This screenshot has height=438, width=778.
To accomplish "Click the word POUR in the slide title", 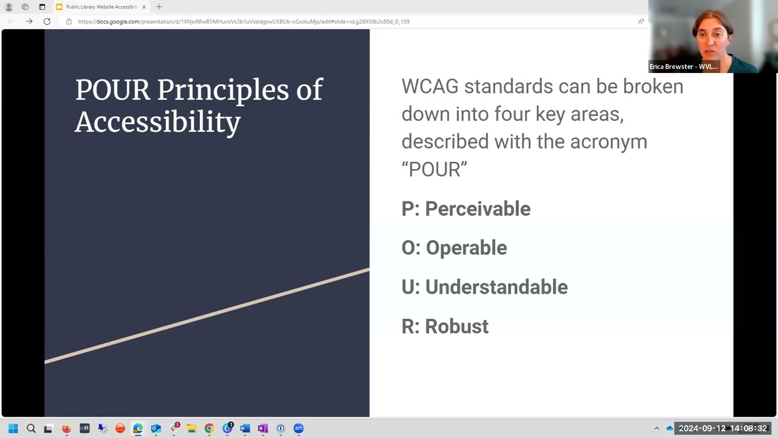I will pyautogui.click(x=112, y=90).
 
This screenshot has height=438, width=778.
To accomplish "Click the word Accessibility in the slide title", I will pyautogui.click(x=157, y=122).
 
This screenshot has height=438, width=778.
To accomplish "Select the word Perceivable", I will pyautogui.click(x=477, y=209).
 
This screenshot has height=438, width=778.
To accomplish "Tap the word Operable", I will pyautogui.click(x=466, y=248).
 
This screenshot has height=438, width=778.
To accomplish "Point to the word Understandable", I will pyautogui.click(x=496, y=287).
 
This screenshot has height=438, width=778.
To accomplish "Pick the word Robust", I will pyautogui.click(x=456, y=326).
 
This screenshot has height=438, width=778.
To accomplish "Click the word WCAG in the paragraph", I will pyautogui.click(x=430, y=86).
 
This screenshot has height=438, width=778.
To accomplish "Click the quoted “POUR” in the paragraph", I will pyautogui.click(x=434, y=169).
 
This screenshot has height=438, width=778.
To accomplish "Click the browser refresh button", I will pyautogui.click(x=47, y=21).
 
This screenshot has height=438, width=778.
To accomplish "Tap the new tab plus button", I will pyautogui.click(x=159, y=7).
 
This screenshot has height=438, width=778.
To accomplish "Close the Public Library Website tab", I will pyautogui.click(x=144, y=7).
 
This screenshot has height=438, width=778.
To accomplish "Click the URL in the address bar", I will pyautogui.click(x=243, y=21).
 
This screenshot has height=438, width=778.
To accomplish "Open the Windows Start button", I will pyautogui.click(x=13, y=428).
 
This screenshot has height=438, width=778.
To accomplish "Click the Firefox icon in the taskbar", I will pyautogui.click(x=66, y=428).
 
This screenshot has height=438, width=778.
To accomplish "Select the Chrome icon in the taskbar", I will pyautogui.click(x=209, y=428).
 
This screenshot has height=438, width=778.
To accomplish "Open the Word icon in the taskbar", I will pyautogui.click(x=245, y=428).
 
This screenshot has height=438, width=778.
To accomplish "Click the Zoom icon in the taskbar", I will pyautogui.click(x=298, y=428).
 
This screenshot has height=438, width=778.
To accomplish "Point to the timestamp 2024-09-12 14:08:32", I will pyautogui.click(x=723, y=428).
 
